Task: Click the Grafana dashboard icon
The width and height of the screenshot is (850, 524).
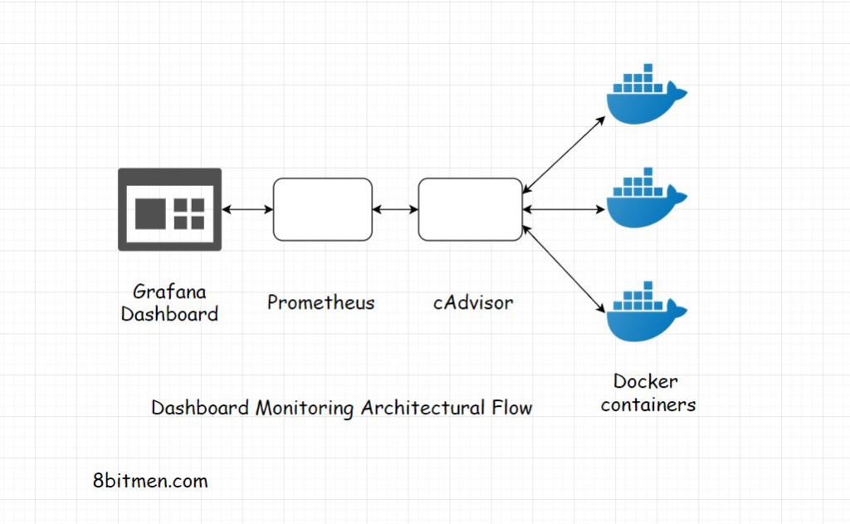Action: [x=169, y=209]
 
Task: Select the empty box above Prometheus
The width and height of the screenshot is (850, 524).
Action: [x=322, y=209]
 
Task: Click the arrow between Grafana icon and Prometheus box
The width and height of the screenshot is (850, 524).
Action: [x=247, y=210]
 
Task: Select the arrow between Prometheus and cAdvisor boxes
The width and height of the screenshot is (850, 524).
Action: [x=395, y=210]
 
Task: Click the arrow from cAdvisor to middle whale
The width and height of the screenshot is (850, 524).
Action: [x=563, y=210]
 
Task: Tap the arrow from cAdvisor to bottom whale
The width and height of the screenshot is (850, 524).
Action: [x=563, y=267]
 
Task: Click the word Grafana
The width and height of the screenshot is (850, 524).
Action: [x=169, y=292]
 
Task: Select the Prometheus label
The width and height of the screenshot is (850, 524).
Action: [x=320, y=302]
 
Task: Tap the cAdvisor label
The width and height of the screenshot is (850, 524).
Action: [x=472, y=302]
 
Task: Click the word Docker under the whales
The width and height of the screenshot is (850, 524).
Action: [x=646, y=382]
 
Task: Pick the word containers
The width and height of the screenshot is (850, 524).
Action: [x=648, y=405]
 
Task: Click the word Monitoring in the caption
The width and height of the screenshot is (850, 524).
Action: [x=305, y=409]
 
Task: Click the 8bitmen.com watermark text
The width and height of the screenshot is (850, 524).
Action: [x=150, y=481]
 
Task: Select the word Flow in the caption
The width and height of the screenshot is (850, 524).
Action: [x=510, y=409]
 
